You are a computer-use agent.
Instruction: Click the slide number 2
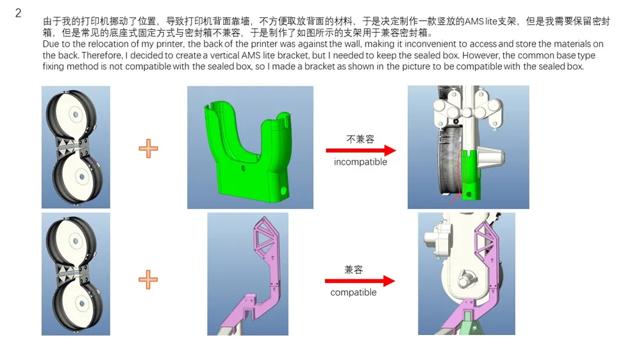[18, 13]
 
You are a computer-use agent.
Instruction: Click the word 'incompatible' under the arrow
[360, 162]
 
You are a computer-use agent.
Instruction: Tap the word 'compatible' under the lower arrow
[353, 293]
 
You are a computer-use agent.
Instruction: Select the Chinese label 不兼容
[360, 140]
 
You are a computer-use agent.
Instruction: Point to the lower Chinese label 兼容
[354, 270]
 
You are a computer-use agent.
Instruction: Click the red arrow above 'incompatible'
[360, 151]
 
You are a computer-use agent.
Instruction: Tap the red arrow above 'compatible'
[360, 281]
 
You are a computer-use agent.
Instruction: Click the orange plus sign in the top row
[148, 149]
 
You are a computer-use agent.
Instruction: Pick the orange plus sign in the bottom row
[148, 279]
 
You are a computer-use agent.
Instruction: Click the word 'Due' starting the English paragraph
[50, 44]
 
